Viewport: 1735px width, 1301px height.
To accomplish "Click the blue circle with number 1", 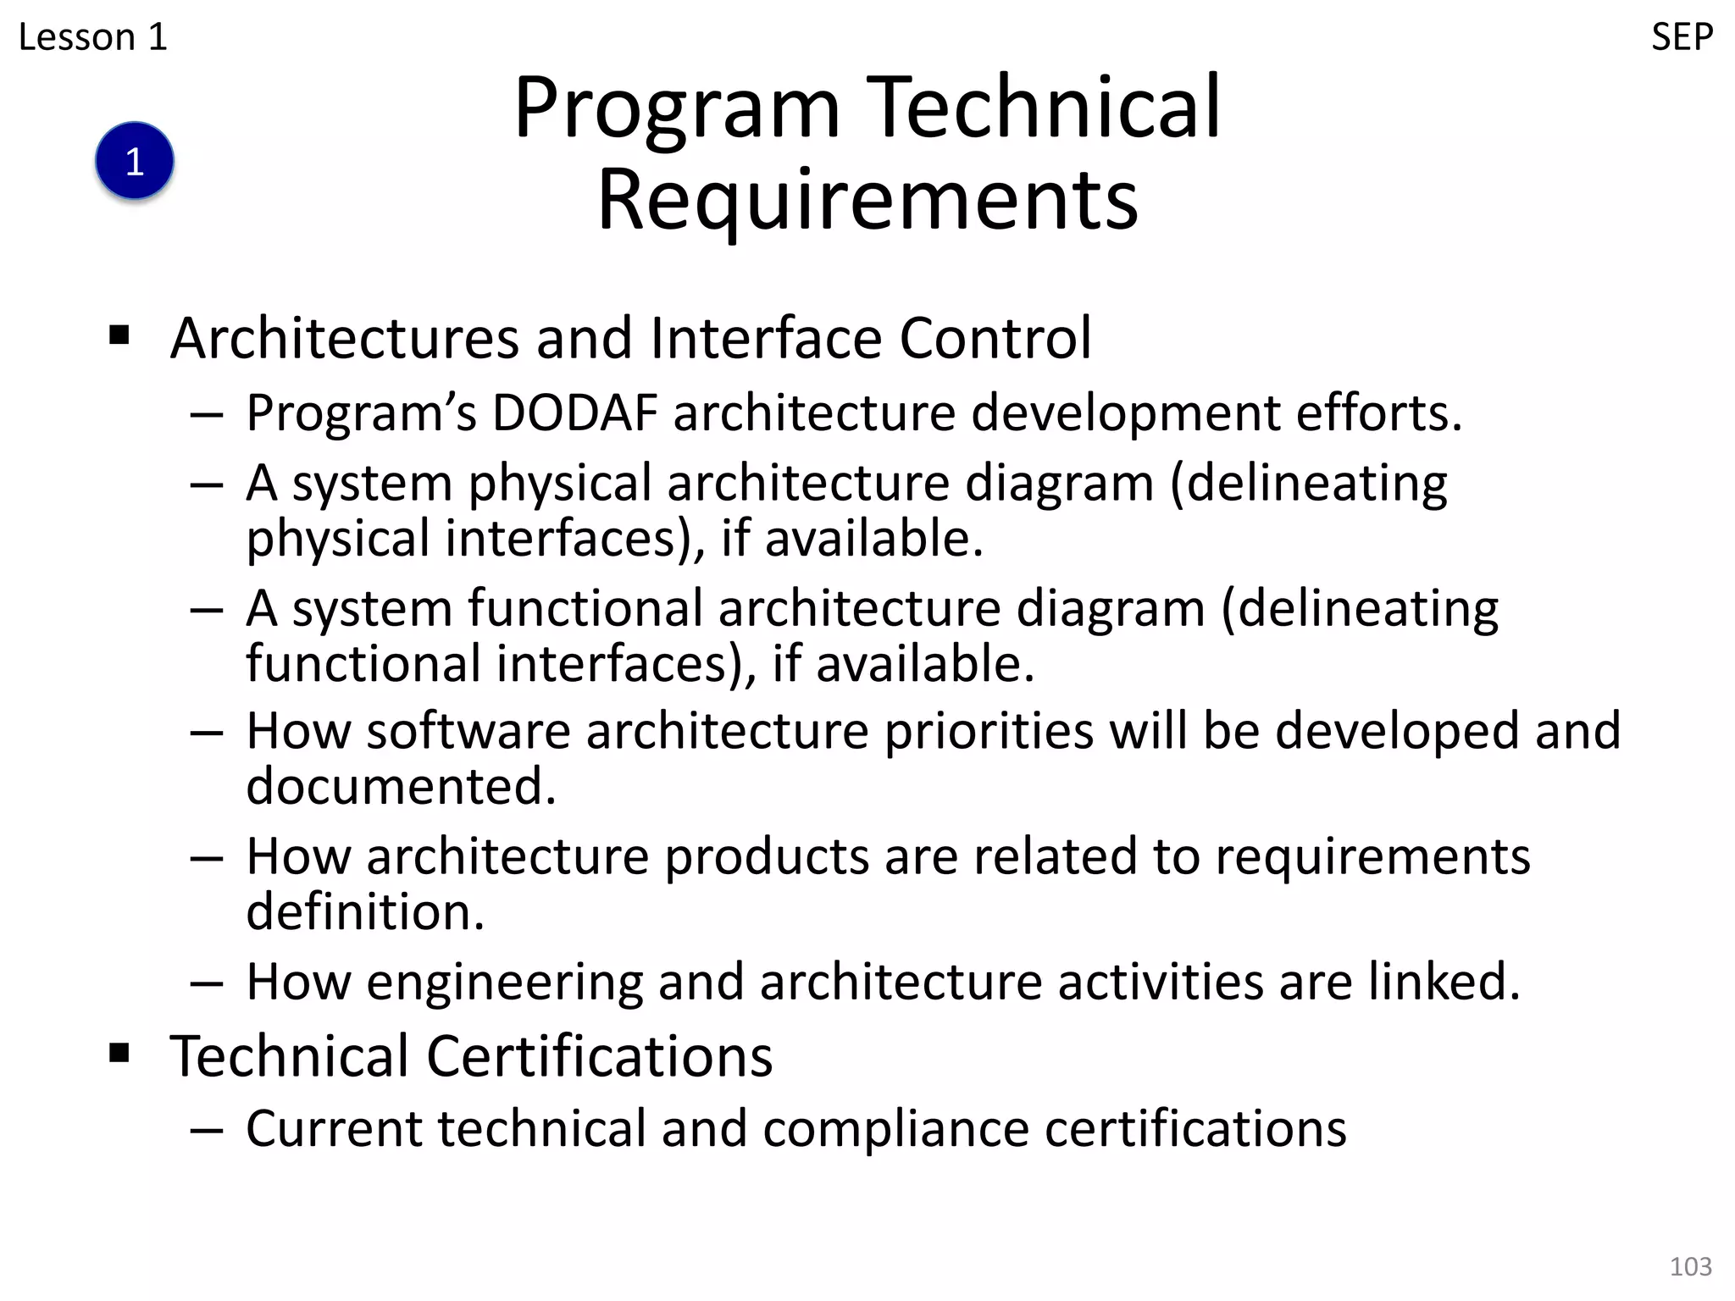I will (135, 161).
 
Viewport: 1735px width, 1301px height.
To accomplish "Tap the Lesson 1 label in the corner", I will (93, 37).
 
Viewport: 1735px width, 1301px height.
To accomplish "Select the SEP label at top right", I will (1682, 37).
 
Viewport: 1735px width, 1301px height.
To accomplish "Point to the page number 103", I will (1690, 1266).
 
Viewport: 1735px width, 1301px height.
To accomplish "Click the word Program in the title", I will (677, 110).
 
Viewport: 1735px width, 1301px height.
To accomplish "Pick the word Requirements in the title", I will (867, 200).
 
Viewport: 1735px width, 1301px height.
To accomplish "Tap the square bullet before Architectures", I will (119, 336).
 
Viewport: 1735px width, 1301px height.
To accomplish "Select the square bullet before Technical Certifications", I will (119, 1054).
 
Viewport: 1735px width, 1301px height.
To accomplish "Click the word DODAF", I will (575, 413).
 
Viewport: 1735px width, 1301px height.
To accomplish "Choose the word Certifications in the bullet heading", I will (599, 1056).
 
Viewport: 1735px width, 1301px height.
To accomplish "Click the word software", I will (468, 731).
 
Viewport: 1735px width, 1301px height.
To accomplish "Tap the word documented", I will (401, 787).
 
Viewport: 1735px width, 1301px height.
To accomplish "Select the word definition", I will (365, 912).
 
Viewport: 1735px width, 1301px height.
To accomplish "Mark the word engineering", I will (504, 983).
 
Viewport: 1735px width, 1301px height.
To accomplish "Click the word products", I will (766, 858).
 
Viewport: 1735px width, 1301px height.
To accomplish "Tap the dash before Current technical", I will (207, 1130).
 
